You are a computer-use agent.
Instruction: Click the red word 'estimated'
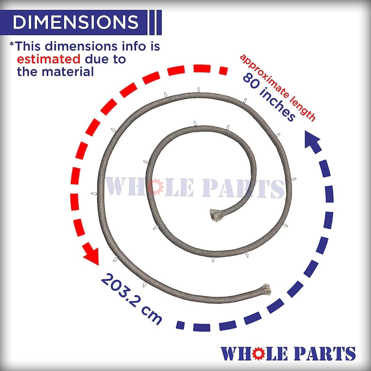click(49, 59)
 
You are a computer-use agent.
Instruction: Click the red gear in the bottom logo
click(259, 354)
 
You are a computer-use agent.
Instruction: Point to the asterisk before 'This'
click(12, 44)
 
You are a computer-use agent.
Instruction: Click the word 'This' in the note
click(28, 46)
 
